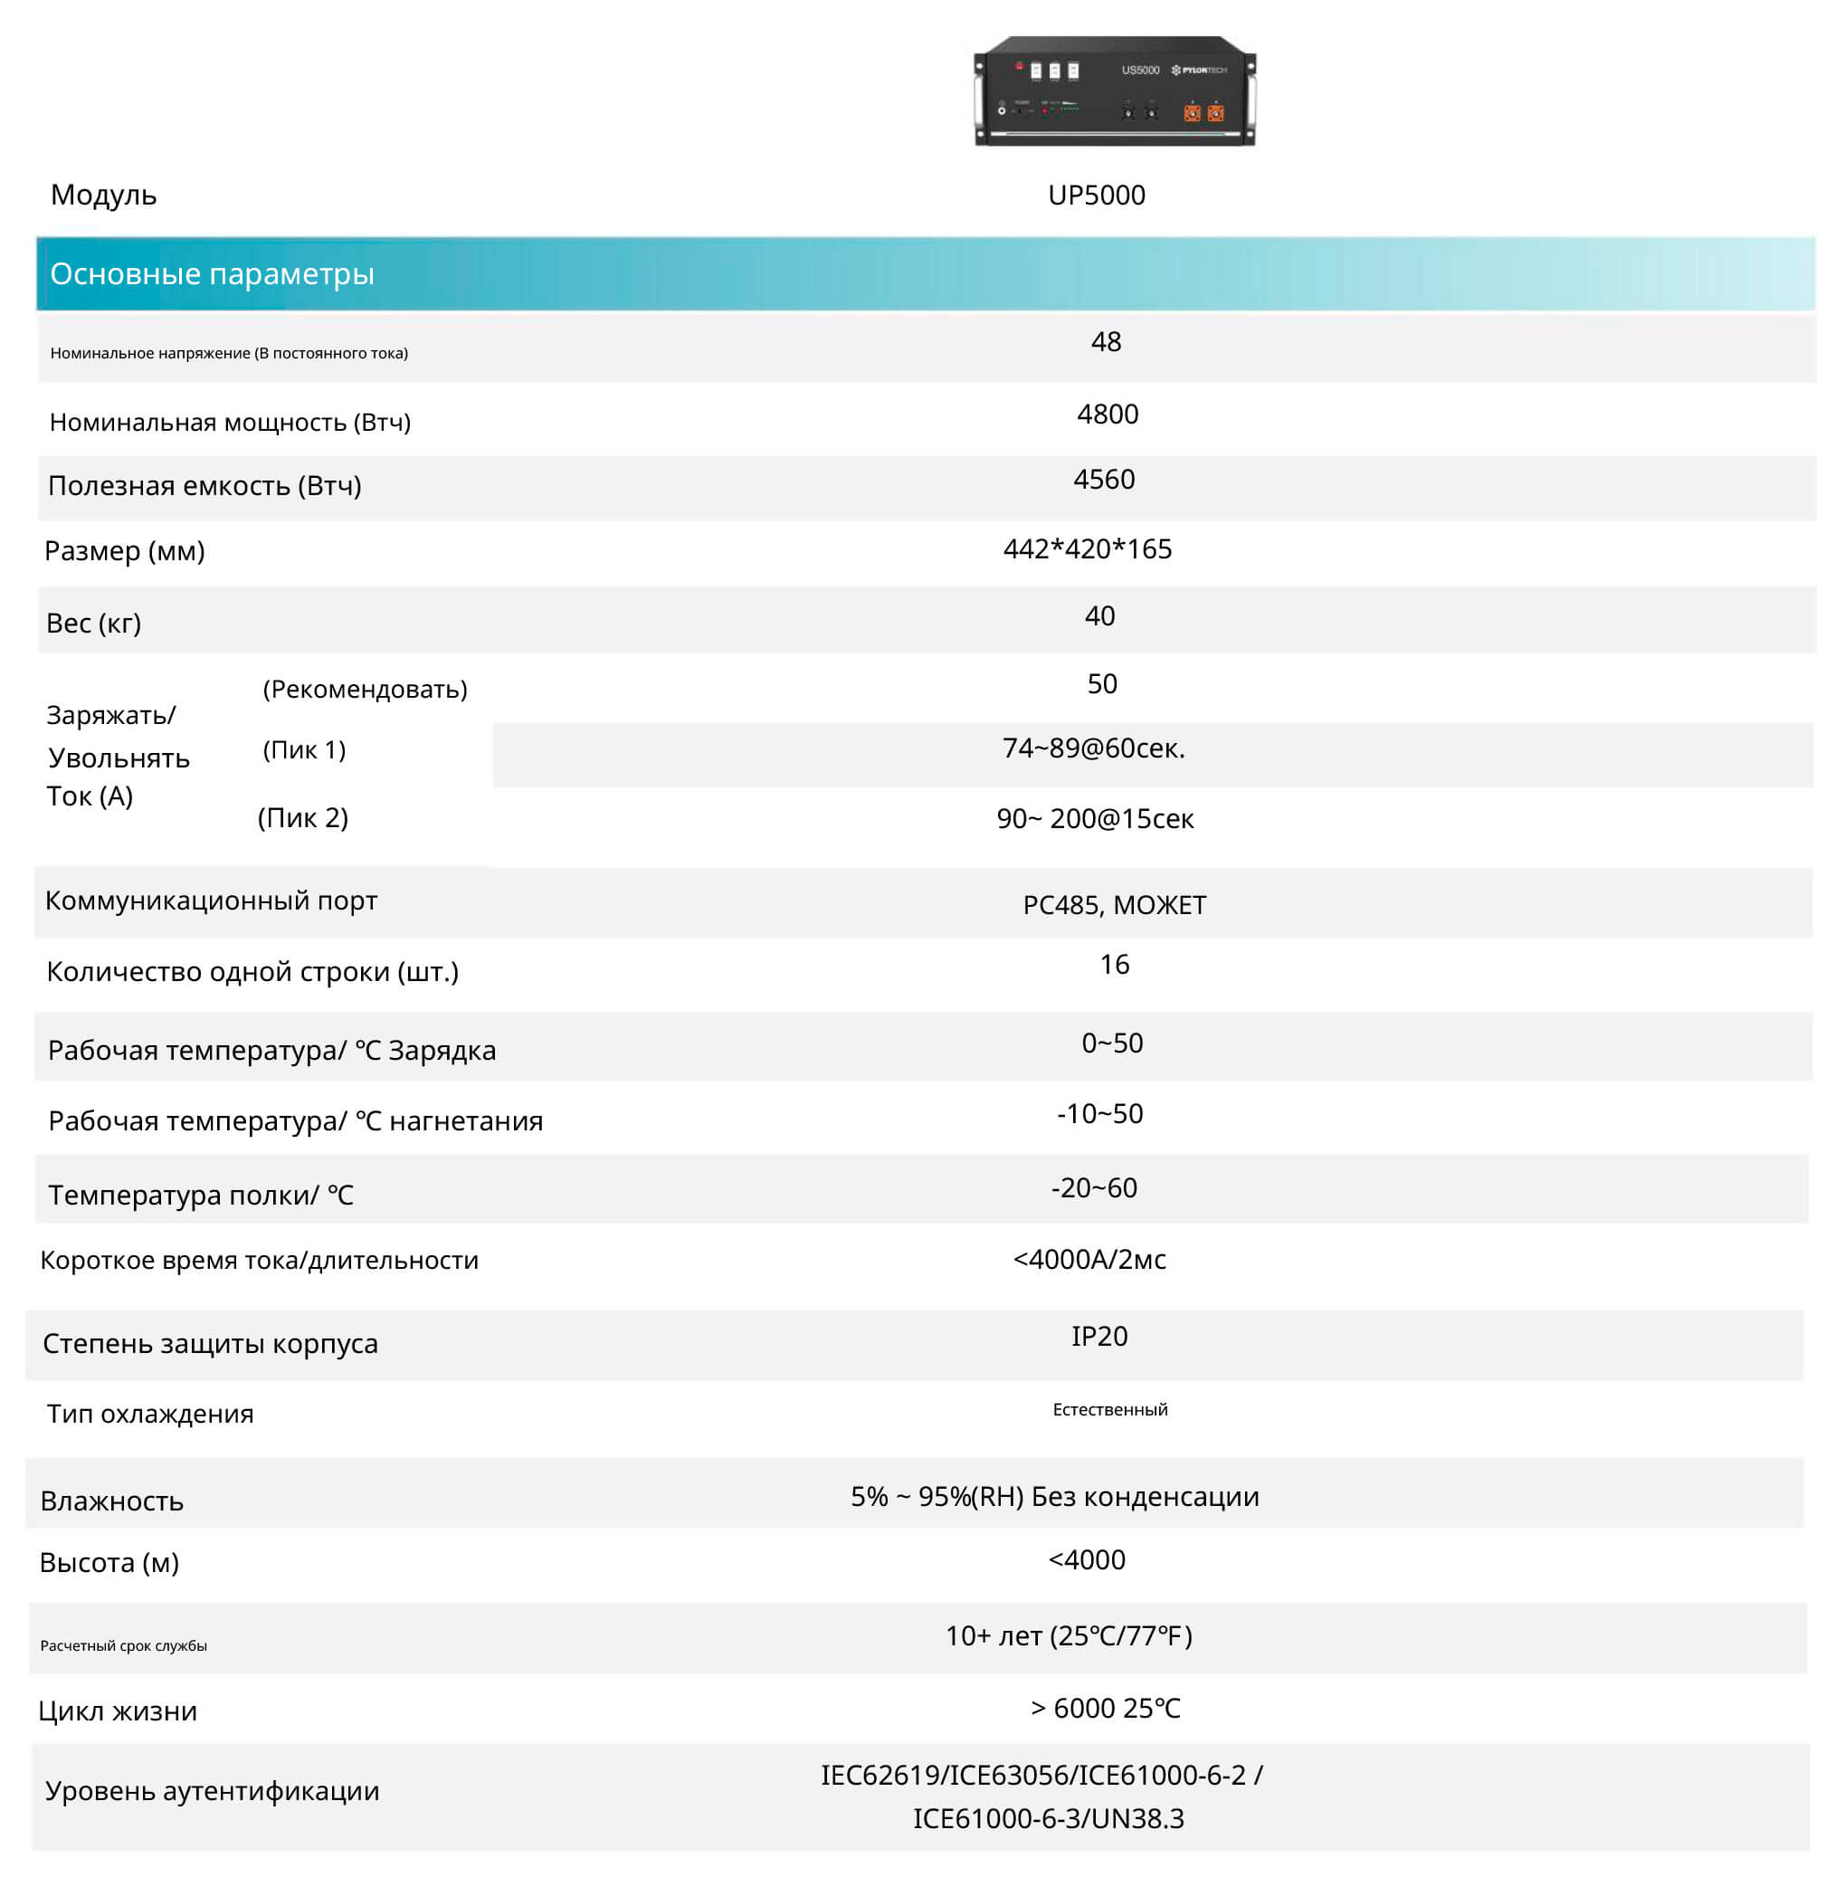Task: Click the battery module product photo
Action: click(1115, 91)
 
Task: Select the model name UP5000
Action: click(1096, 195)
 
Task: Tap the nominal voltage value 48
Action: click(1106, 341)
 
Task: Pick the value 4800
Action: click(1108, 414)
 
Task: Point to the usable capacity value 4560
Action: click(1104, 479)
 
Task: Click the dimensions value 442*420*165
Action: click(1088, 548)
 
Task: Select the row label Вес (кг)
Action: click(94, 622)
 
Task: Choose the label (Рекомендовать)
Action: click(365, 689)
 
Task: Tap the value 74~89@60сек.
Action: click(1093, 748)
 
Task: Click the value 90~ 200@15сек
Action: click(1095, 819)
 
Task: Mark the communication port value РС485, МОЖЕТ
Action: click(1115, 905)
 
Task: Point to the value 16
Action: click(1115, 964)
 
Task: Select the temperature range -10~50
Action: click(1099, 1113)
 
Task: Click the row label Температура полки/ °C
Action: click(201, 1195)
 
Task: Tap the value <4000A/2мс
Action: click(1089, 1259)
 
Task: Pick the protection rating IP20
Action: click(1098, 1337)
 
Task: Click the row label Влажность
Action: click(111, 1501)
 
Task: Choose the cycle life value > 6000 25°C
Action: click(1106, 1709)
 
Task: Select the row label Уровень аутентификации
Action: click(213, 1791)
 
